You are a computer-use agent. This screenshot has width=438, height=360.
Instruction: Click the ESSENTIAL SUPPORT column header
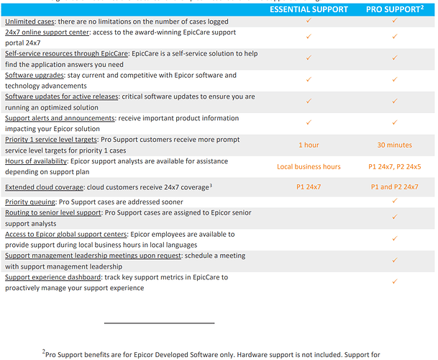tap(309, 9)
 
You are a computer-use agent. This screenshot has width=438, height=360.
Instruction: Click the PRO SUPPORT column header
tap(394, 9)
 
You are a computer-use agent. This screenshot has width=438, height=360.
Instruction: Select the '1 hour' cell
tap(309, 145)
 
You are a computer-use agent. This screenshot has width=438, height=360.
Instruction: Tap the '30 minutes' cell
tap(394, 145)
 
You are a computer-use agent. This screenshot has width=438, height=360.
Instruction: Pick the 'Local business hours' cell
tap(309, 167)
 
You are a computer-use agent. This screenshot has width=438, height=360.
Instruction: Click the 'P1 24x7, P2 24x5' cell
tap(394, 167)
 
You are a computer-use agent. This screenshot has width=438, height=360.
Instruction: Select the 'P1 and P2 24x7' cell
tap(394, 186)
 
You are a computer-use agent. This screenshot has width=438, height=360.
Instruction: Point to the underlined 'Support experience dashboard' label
tap(63, 277)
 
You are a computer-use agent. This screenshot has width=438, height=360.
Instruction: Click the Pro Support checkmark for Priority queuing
tap(394, 201)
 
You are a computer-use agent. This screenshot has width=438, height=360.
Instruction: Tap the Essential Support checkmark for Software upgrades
tap(309, 78)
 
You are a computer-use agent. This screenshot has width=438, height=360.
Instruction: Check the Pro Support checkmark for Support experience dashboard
tap(394, 280)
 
